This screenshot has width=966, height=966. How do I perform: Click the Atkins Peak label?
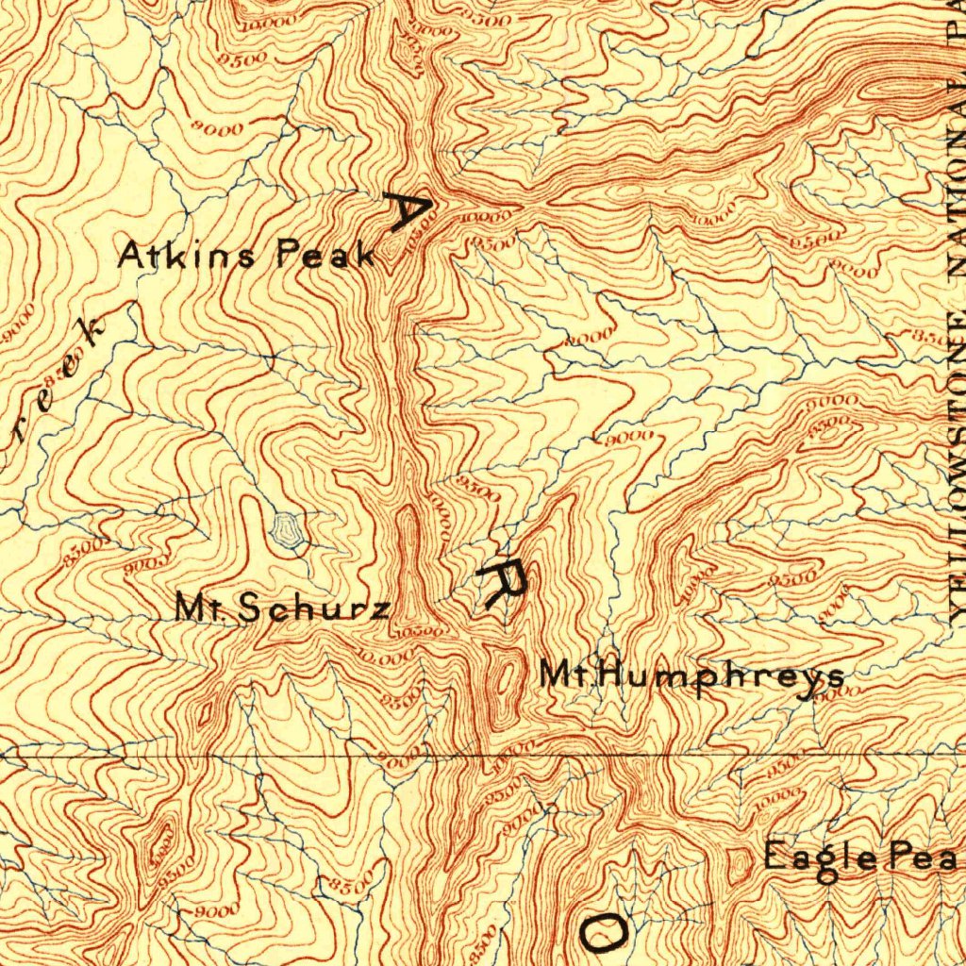point(247,256)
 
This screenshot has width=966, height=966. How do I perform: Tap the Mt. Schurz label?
point(282,608)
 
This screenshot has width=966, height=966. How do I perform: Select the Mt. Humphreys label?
point(691,675)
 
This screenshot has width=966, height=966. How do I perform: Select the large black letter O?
point(602,931)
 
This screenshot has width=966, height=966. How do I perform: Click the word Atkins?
point(185,256)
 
